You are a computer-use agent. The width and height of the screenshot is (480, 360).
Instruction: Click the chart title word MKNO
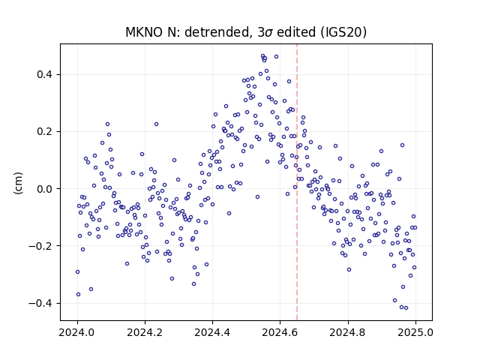(x=144, y=32)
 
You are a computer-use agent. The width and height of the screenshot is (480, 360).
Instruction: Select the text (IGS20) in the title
(x=343, y=32)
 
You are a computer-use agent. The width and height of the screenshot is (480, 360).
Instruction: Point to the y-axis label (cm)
(x=18, y=183)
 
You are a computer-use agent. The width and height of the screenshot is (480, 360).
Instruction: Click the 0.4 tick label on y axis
(x=45, y=74)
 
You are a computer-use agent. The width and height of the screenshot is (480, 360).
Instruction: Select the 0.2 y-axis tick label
(x=45, y=132)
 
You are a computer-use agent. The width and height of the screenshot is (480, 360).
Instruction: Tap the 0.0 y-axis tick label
(x=45, y=188)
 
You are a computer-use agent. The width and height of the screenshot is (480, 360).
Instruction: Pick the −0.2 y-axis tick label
(x=41, y=246)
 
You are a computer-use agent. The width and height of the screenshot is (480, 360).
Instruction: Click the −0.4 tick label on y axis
(x=41, y=303)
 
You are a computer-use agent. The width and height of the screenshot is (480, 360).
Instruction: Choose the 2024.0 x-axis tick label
(x=77, y=332)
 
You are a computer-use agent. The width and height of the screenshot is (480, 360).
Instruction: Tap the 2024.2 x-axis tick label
(x=145, y=332)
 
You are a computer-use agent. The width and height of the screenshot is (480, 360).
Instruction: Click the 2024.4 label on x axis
(x=212, y=332)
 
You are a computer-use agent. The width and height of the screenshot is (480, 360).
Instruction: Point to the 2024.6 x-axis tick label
(x=280, y=332)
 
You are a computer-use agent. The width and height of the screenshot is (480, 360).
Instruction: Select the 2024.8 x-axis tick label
(x=348, y=332)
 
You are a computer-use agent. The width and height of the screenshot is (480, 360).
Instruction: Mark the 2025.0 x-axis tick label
(x=415, y=332)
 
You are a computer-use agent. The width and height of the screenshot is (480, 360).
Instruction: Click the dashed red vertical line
(x=297, y=182)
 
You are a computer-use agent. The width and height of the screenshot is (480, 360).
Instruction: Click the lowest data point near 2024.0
(x=78, y=295)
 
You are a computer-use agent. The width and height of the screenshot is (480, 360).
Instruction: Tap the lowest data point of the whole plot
(x=406, y=308)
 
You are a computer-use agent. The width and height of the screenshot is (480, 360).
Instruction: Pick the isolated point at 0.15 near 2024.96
(x=402, y=145)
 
